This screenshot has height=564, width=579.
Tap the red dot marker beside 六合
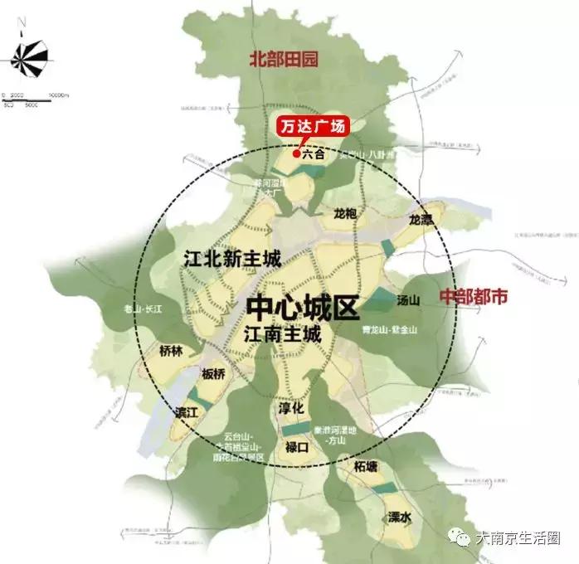(x=296, y=153)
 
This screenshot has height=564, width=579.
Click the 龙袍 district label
(x=344, y=213)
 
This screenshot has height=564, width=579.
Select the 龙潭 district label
(x=421, y=220)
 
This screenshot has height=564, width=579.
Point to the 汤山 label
(x=410, y=301)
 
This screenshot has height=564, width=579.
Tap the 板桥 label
(x=213, y=374)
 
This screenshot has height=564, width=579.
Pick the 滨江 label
(x=186, y=411)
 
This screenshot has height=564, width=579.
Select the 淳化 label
(x=292, y=409)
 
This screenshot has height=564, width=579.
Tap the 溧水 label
(x=399, y=517)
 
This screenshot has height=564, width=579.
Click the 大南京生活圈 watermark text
(x=520, y=538)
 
